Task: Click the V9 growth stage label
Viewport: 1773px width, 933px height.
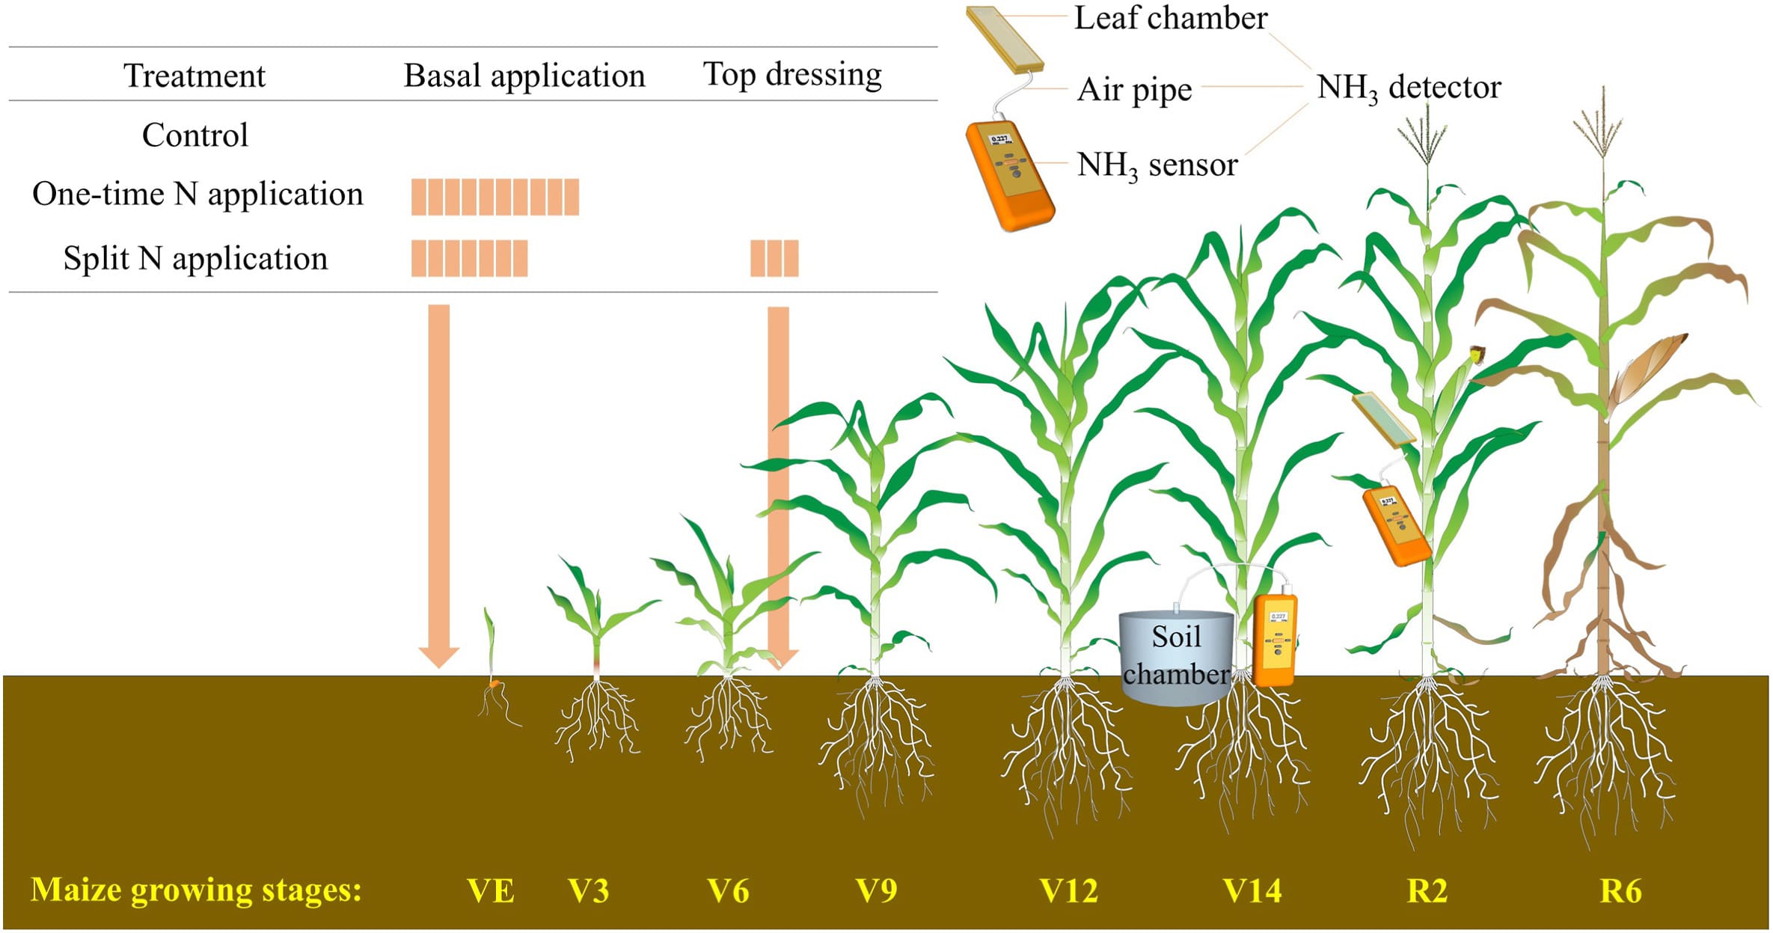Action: (x=876, y=890)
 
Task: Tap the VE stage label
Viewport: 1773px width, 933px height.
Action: (x=491, y=890)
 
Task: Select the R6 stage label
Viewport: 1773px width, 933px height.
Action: (x=1620, y=890)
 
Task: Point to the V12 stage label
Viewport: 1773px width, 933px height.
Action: (x=1069, y=890)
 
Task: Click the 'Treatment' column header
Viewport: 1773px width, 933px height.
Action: (x=195, y=76)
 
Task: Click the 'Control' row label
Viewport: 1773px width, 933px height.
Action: (x=195, y=135)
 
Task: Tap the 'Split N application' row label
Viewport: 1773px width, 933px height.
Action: (x=195, y=259)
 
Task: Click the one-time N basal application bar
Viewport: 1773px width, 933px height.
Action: (x=495, y=197)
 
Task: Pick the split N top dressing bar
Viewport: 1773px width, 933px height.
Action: (x=774, y=258)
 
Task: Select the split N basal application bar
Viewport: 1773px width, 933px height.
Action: (x=469, y=258)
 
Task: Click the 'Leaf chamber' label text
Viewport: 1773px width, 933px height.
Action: (x=1171, y=18)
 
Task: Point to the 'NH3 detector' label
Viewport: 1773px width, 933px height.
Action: (x=1409, y=88)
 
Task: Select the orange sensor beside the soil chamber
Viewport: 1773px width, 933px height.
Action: (x=1276, y=640)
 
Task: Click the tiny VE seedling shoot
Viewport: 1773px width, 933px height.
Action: (x=491, y=643)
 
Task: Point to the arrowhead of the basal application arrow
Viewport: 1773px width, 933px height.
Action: (x=438, y=657)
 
